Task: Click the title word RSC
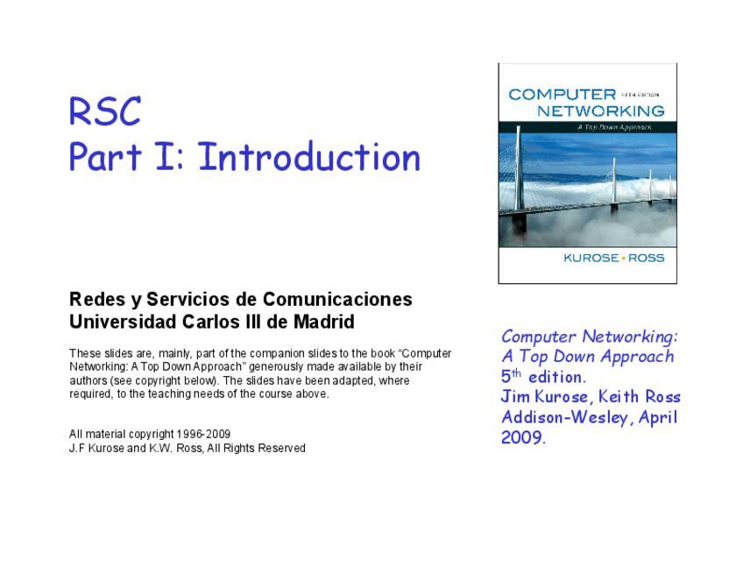pyautogui.click(x=105, y=112)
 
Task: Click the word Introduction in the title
pyautogui.click(x=309, y=158)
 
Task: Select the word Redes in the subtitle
pyautogui.click(x=93, y=300)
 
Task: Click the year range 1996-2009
pyautogui.click(x=203, y=434)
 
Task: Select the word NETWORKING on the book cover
pyautogui.click(x=600, y=111)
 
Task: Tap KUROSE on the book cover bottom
pyautogui.click(x=591, y=258)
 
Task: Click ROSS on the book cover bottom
pyautogui.click(x=647, y=258)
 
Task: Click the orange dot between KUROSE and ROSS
pyautogui.click(x=622, y=259)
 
